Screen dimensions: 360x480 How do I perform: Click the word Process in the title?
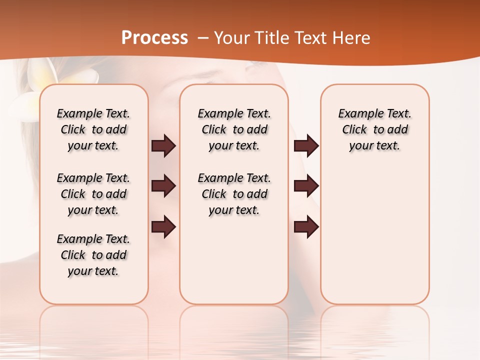[x=154, y=38]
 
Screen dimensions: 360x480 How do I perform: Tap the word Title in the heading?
[x=270, y=38]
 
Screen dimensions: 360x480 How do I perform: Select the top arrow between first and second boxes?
[x=163, y=145]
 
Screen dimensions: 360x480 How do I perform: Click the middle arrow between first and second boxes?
[x=163, y=186]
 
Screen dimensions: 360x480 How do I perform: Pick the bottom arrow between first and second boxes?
[x=163, y=227]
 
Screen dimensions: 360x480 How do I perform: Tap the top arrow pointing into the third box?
[x=306, y=145]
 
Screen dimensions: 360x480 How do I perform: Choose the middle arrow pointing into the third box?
[x=306, y=186]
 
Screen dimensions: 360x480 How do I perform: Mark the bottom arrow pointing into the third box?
[x=306, y=227]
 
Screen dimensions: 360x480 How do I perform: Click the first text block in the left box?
[x=93, y=129]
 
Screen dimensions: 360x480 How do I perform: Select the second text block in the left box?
[x=93, y=194]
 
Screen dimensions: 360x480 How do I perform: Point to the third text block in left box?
[x=93, y=255]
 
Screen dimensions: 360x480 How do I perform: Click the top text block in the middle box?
[x=234, y=129]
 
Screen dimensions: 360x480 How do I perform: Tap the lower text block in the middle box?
[x=234, y=194]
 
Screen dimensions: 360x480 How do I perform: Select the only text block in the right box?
[x=375, y=129]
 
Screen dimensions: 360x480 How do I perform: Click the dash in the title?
[x=203, y=38]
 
